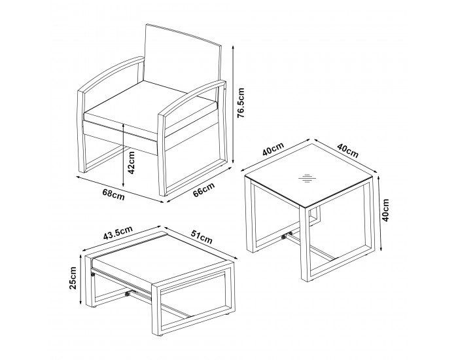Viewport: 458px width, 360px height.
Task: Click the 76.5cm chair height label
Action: pos(241,103)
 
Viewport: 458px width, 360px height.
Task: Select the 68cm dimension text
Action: pos(114,194)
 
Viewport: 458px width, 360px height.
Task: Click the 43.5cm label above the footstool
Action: pos(118,232)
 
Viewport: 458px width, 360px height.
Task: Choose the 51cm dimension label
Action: pos(202,237)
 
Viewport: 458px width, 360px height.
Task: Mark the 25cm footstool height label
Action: pos(73,278)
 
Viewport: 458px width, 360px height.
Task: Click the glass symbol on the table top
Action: pos(308,178)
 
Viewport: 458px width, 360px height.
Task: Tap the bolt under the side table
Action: pos(283,237)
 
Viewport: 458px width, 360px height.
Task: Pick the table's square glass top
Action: pos(308,176)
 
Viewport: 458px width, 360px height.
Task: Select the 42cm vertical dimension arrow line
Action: pos(123,155)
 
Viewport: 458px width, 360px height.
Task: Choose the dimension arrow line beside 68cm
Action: pos(120,189)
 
